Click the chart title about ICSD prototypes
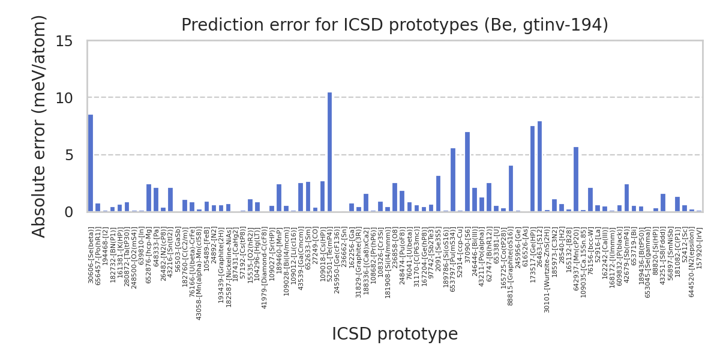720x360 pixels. tap(395, 25)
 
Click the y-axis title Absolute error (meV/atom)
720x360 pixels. tap(40, 126)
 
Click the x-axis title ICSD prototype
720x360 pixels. tap(395, 334)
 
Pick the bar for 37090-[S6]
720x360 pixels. tap(467, 172)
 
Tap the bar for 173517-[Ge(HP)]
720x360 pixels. tap(532, 169)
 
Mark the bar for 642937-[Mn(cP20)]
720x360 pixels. tap(575, 179)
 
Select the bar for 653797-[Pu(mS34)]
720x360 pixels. tap(452, 180)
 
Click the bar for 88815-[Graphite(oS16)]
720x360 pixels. tap(511, 188)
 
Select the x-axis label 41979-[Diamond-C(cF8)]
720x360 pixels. tap(264, 263)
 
